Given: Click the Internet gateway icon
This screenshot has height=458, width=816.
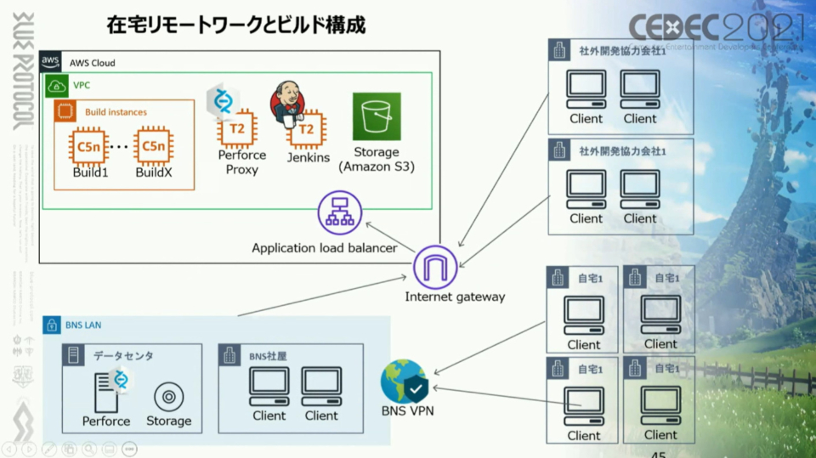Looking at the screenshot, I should pyautogui.click(x=435, y=267).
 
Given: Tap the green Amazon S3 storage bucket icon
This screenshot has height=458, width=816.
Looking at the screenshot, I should pyautogui.click(x=377, y=116).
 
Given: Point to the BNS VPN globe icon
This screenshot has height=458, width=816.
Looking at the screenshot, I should pyautogui.click(x=403, y=382).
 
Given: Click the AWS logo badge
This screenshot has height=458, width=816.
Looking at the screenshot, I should pyautogui.click(x=51, y=62).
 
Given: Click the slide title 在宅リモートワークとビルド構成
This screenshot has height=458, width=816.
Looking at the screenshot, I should pyautogui.click(x=235, y=25).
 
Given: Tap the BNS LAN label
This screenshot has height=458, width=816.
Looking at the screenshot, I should pyautogui.click(x=83, y=325).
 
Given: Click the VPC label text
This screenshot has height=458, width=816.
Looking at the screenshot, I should pyautogui.click(x=82, y=86).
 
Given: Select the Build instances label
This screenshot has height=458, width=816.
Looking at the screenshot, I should pyautogui.click(x=116, y=111).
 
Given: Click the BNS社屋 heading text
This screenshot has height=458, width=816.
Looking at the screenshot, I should pyautogui.click(x=267, y=356).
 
